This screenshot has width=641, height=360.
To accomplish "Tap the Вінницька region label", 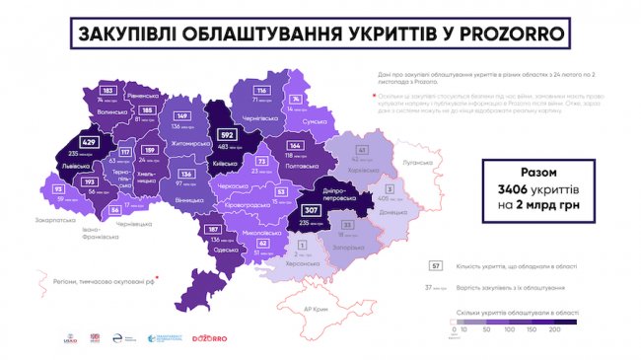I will [x=189, y=197].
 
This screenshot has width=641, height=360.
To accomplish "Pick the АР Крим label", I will [x=315, y=308].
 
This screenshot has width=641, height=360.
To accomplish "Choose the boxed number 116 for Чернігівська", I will [x=262, y=91].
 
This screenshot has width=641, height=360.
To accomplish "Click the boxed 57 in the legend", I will [x=436, y=265].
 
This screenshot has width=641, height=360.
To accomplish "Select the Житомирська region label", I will [x=190, y=143].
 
